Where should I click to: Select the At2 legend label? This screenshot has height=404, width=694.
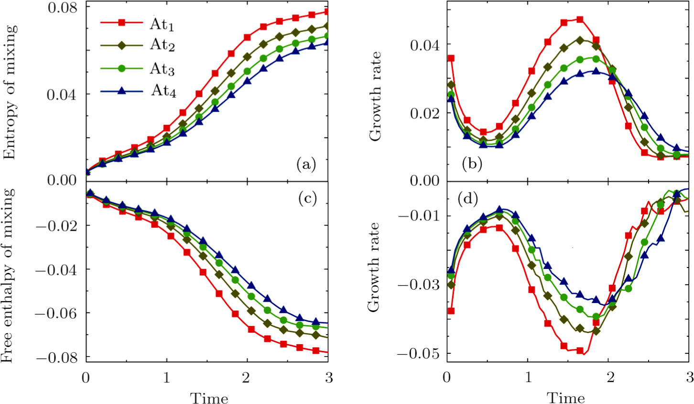pyautogui.click(x=162, y=45)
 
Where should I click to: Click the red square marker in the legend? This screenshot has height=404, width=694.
pyautogui.click(x=121, y=22)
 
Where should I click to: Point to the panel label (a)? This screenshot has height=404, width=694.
pyautogui.click(x=306, y=165)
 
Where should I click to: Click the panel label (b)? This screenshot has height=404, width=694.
pyautogui.click(x=472, y=165)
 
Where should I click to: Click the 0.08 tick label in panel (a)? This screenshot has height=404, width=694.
pyautogui.click(x=62, y=8)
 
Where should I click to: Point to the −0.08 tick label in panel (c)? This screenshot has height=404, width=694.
pyautogui.click(x=58, y=357)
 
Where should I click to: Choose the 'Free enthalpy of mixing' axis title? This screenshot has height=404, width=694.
pyautogui.click(x=11, y=276)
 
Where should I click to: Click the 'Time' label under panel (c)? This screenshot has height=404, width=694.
pyautogui.click(x=209, y=397)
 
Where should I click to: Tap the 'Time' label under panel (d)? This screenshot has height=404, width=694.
pyautogui.click(x=566, y=397)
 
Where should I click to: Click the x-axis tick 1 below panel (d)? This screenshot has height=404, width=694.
pyautogui.click(x=528, y=378)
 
